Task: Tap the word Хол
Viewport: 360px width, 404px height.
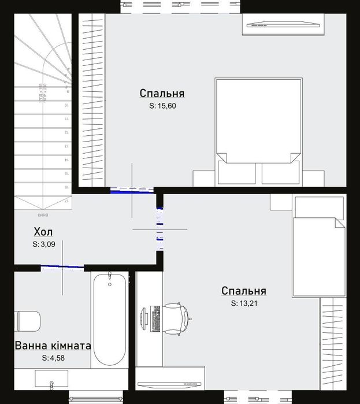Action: [43, 232]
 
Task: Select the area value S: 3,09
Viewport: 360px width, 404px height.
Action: [44, 244]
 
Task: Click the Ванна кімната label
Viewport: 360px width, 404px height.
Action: [53, 346]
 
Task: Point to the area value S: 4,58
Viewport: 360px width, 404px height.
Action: [53, 358]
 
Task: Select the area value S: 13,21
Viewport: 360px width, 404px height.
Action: [243, 303]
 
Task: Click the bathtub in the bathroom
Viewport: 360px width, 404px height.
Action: [109, 319]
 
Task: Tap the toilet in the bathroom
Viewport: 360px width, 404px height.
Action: [27, 321]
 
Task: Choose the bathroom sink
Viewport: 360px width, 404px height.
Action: [51, 379]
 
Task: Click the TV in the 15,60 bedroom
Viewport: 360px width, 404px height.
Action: [283, 25]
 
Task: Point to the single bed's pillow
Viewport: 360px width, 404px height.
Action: [317, 207]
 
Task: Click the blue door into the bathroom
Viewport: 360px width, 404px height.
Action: [62, 267]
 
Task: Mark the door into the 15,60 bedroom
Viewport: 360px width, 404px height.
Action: [132, 189]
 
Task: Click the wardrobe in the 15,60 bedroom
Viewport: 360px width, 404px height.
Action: [91, 101]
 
